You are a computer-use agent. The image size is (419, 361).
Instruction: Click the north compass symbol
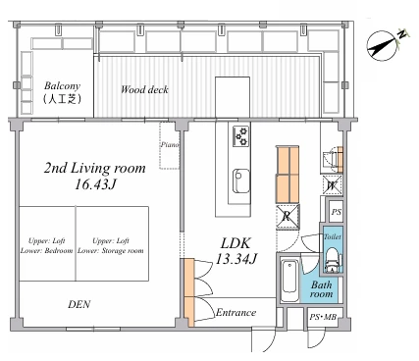[383, 46]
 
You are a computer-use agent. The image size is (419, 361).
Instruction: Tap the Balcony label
[62, 86]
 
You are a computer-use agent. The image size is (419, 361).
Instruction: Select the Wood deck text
[144, 89]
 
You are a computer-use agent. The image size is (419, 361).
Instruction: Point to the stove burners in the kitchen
[240, 136]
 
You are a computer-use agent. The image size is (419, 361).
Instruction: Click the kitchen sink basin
[241, 180]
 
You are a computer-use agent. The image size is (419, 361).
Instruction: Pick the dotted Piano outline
[170, 145]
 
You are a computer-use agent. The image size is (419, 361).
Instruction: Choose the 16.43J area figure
[95, 185]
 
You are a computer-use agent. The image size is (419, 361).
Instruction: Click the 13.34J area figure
[236, 259]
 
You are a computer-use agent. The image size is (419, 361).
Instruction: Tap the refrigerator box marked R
[288, 217]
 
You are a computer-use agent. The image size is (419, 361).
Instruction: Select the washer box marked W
[332, 185]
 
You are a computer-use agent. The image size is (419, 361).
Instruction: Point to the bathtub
[289, 281]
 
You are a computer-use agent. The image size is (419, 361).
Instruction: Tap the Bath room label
[321, 289]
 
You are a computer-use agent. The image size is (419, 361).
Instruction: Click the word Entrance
[236, 313]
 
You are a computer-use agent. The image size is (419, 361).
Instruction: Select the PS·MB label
[323, 317]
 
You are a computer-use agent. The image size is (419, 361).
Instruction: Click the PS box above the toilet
[336, 211]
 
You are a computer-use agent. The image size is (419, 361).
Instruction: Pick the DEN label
[79, 304]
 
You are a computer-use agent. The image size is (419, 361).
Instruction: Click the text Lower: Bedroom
[46, 251]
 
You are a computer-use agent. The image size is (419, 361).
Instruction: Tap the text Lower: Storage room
[111, 251]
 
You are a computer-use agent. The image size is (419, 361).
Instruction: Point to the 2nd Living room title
[95, 168]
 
